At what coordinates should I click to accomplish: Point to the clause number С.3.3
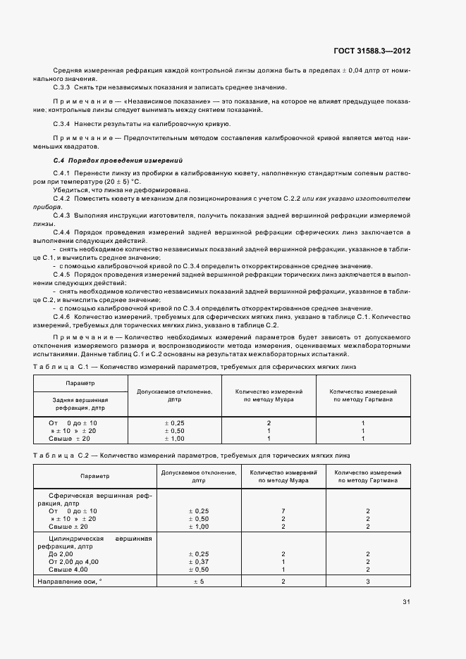pyautogui.click(x=62, y=87)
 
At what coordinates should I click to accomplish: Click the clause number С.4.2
pyautogui.click(x=62, y=199)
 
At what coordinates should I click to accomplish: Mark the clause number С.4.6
pyautogui.click(x=62, y=318)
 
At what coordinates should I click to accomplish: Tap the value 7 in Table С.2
pyautogui.click(x=283, y=510)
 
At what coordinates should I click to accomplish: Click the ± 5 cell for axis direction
pyautogui.click(x=199, y=581)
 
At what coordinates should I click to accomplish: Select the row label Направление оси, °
pyautogui.click(x=72, y=581)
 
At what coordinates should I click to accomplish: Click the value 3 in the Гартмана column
pyautogui.click(x=367, y=581)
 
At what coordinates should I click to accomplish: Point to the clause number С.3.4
pyautogui.click(x=62, y=124)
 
